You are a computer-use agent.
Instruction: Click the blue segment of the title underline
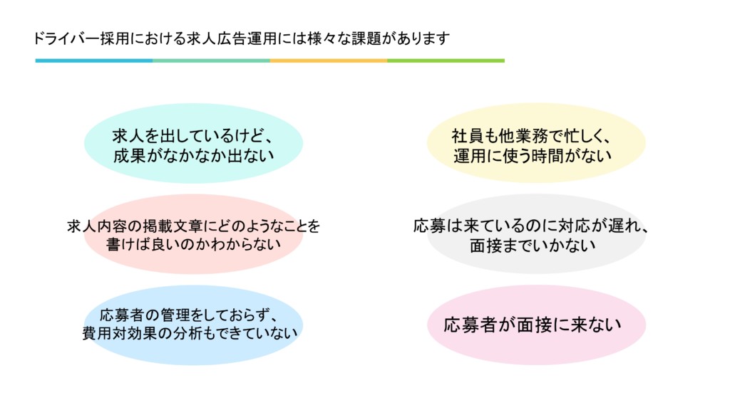coord(94,61)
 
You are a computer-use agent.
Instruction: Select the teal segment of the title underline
coord(211,61)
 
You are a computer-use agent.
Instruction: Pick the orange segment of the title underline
coord(329,61)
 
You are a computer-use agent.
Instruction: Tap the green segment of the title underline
coord(446,61)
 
